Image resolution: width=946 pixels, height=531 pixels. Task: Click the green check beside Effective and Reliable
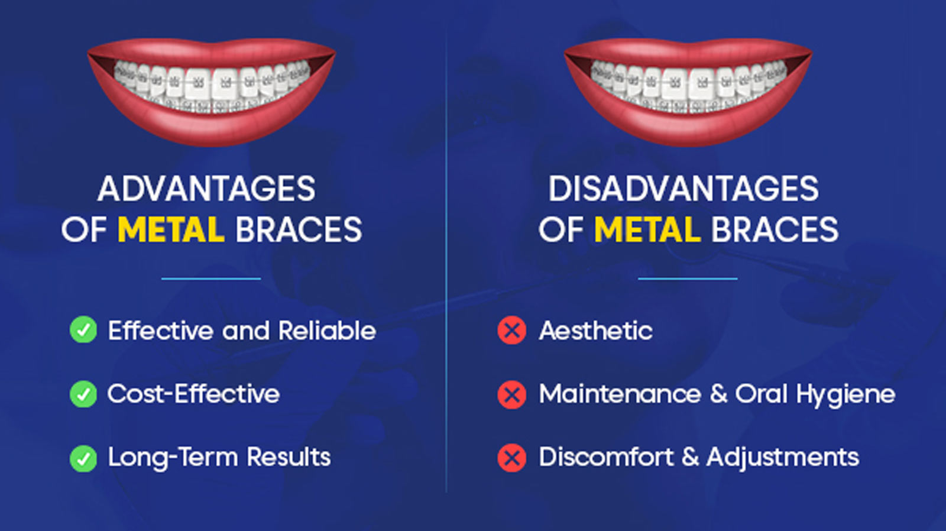pos(83,329)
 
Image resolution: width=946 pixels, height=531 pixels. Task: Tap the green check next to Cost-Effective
pos(83,394)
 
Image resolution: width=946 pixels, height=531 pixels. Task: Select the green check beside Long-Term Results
pos(83,458)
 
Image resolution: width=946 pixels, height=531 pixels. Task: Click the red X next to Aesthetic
pos(512,330)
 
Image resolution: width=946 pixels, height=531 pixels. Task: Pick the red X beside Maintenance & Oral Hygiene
pos(512,395)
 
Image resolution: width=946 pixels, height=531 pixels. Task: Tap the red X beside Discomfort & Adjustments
pos(512,458)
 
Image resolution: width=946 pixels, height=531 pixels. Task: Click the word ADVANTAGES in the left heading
pos(206,189)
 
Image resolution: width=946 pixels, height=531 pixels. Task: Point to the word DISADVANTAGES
pos(683,189)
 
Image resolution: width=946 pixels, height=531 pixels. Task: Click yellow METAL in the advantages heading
pos(171,229)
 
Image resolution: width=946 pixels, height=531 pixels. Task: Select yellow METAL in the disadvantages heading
pos(647,229)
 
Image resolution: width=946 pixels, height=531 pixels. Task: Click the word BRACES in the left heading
pos(299,229)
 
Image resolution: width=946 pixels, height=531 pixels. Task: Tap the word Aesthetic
pos(596,331)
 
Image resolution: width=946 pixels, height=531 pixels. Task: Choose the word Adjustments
pos(783,457)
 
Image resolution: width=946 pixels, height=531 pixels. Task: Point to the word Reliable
pos(328,331)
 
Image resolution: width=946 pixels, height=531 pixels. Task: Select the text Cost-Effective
pos(193,394)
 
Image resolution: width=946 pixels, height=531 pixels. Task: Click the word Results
pos(289,457)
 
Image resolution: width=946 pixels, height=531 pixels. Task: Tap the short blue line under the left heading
pos(211,279)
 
